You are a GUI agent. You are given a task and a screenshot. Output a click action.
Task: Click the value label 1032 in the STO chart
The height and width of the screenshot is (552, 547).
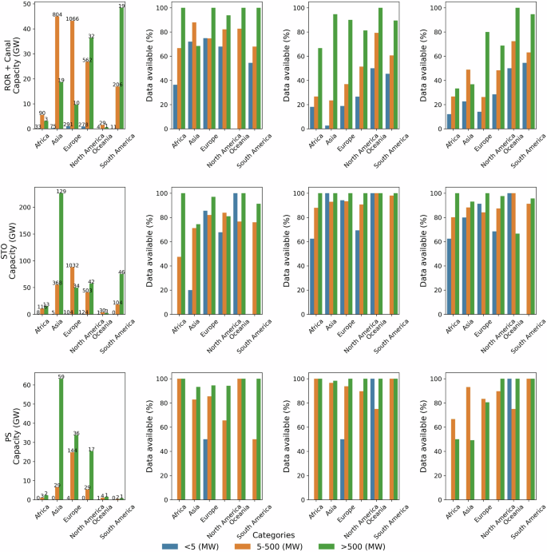click(72, 265)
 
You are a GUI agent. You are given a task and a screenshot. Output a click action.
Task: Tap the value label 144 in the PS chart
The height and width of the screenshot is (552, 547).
click(72, 451)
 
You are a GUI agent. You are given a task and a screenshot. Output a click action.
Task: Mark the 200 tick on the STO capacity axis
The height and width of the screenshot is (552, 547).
click(24, 207)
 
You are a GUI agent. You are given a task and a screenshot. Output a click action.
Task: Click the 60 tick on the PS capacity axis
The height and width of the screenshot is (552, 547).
click(26, 385)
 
